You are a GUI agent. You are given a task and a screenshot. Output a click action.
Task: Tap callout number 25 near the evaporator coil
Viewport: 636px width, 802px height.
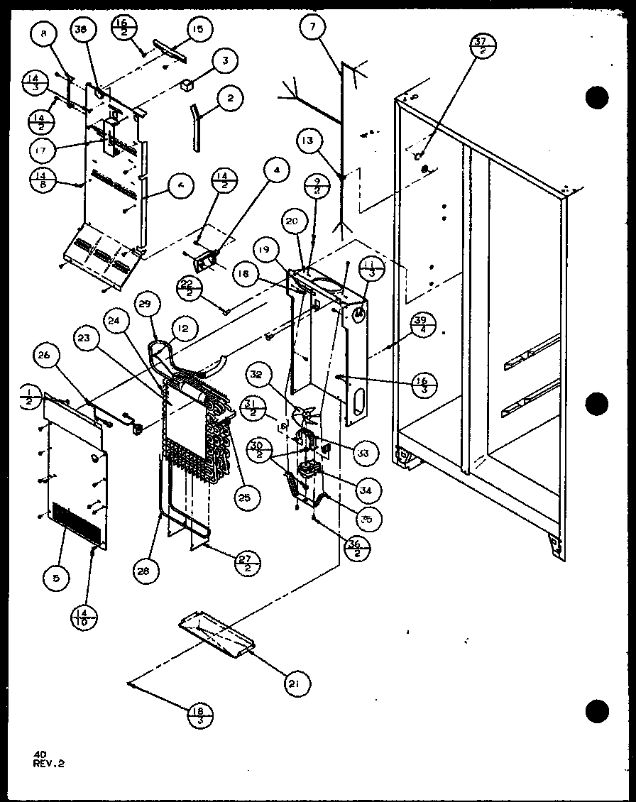[x=244, y=498]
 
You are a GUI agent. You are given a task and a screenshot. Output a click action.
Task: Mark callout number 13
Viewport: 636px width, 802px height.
[x=307, y=141]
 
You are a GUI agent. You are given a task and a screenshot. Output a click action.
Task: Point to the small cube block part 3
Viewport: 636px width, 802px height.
[x=187, y=85]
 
